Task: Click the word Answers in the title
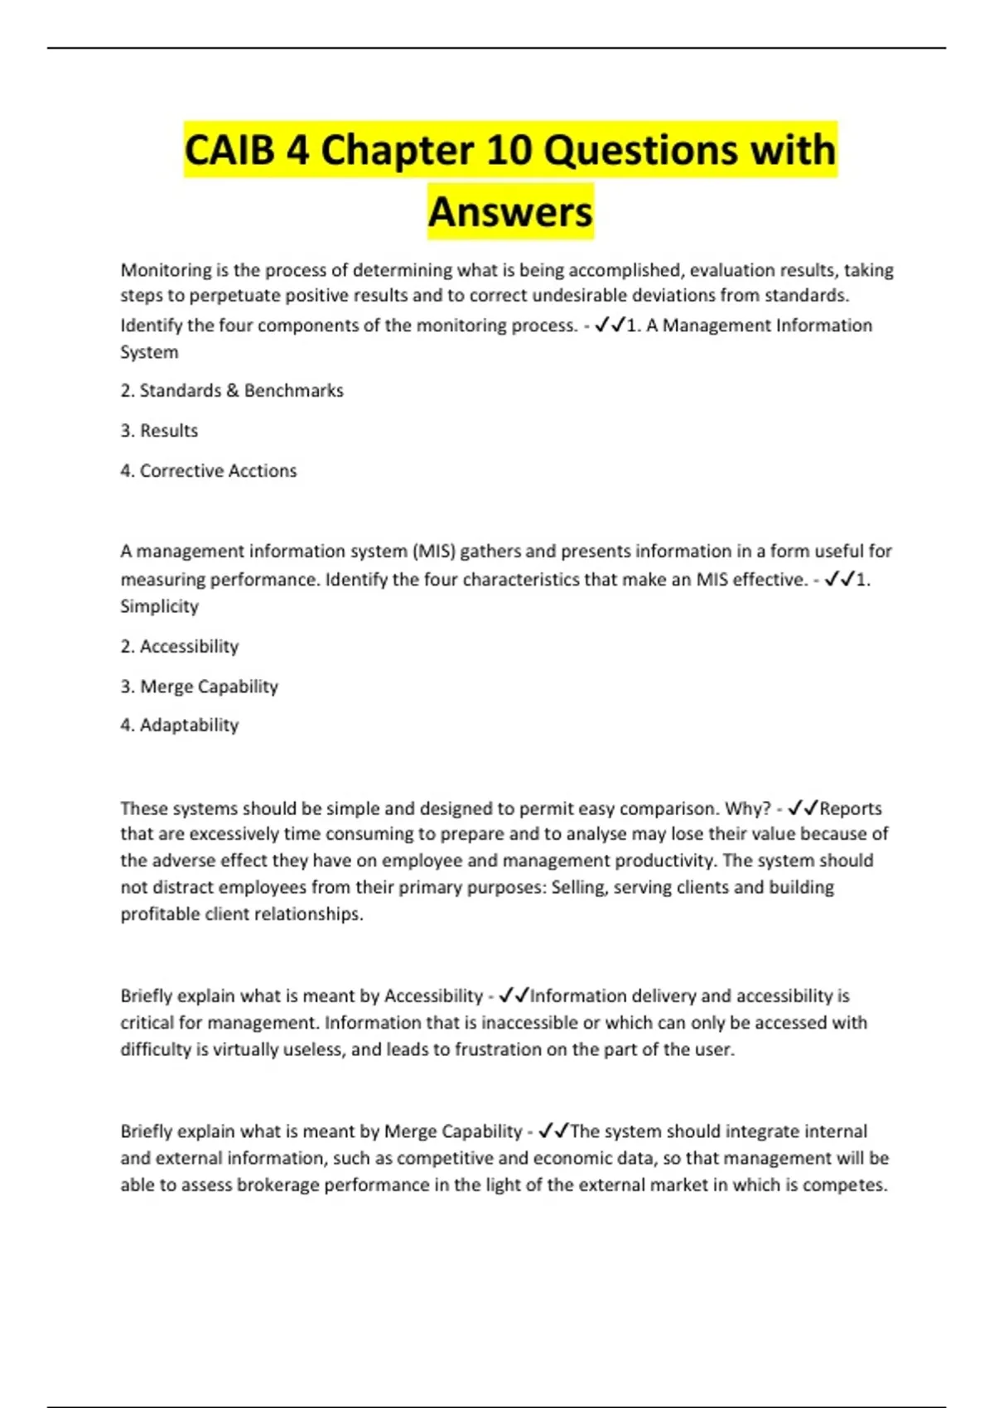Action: tap(510, 212)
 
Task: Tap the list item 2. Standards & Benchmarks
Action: tap(232, 391)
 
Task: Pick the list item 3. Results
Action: tap(159, 431)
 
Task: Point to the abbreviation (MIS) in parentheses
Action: tap(432, 552)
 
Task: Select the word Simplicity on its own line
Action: tap(159, 606)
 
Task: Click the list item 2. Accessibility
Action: tap(180, 647)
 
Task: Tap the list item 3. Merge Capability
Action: tap(200, 687)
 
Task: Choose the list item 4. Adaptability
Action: tap(180, 726)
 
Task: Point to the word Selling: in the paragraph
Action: tap(579, 887)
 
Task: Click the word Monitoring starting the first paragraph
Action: tap(166, 270)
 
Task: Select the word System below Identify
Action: tap(149, 352)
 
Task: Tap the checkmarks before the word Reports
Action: tap(803, 808)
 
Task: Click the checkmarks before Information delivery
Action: tap(514, 995)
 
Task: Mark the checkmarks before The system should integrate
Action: tap(553, 1131)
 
